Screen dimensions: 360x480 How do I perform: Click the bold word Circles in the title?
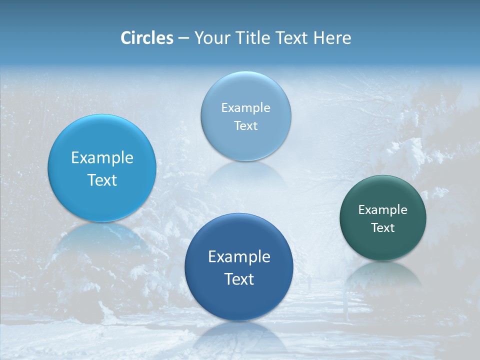tap(146, 38)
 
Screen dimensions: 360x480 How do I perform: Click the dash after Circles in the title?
tap(183, 38)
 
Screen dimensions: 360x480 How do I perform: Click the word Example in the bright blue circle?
tap(102, 158)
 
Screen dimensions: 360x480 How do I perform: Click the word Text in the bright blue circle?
tap(102, 180)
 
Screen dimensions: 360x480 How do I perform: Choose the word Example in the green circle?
tap(383, 210)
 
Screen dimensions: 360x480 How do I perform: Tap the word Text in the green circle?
tap(383, 228)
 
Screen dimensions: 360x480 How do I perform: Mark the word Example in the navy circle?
tap(239, 257)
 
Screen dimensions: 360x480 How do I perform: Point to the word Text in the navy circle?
tap(239, 279)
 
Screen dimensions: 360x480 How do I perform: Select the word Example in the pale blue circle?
tap(246, 108)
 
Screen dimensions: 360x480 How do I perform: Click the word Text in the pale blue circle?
tap(246, 126)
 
